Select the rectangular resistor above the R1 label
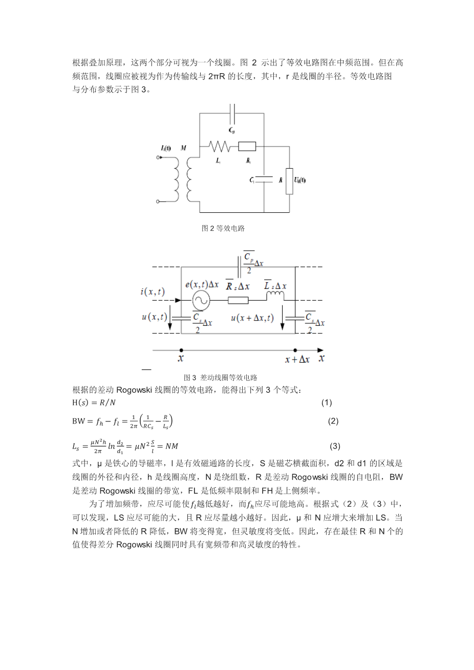[x=247, y=147]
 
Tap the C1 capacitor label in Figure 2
[x=252, y=181]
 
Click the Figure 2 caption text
[x=223, y=228]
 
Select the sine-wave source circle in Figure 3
[x=200, y=301]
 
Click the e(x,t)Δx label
[x=202, y=284]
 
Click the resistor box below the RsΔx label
[x=238, y=301]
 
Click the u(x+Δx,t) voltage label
[x=252, y=318]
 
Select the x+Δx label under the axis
[x=297, y=360]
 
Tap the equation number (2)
[x=333, y=421]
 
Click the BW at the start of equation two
[x=78, y=421]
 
